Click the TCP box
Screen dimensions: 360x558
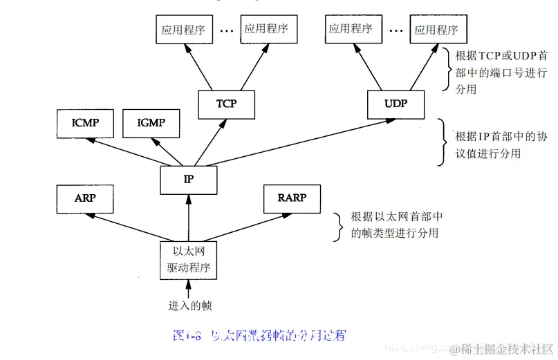(x=226, y=104)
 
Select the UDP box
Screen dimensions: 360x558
(x=396, y=104)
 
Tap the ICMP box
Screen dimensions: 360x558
(x=84, y=123)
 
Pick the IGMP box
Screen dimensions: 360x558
(x=151, y=123)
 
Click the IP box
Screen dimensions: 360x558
(x=189, y=179)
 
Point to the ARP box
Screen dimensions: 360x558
(x=84, y=198)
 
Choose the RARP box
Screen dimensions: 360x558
(x=291, y=198)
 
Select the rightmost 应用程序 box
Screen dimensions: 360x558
(x=436, y=29)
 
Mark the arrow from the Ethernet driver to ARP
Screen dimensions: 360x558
(x=131, y=227)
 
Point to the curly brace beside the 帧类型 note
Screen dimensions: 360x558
(x=338, y=227)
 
